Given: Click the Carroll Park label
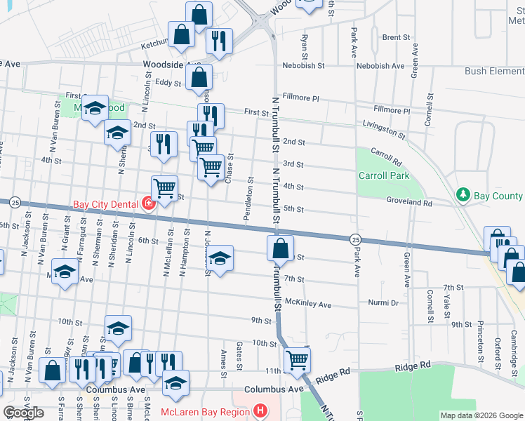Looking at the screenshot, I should (x=383, y=175).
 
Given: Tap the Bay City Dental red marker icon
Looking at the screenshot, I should (x=148, y=205).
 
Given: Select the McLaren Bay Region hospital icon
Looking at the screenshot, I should (x=260, y=411).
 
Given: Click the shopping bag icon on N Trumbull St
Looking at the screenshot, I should (x=280, y=248).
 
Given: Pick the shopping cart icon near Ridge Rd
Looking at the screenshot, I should (x=298, y=360).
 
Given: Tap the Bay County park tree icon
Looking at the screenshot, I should (x=463, y=194).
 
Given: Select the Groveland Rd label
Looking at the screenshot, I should (x=408, y=202).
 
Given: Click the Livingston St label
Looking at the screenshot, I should (x=384, y=130).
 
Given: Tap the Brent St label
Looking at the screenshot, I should (x=396, y=37).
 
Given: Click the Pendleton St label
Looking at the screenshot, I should (x=248, y=200).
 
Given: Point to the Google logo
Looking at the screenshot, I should (x=23, y=413).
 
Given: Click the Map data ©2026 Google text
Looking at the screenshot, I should (x=481, y=415).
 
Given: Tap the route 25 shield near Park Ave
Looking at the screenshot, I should (x=355, y=239).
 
